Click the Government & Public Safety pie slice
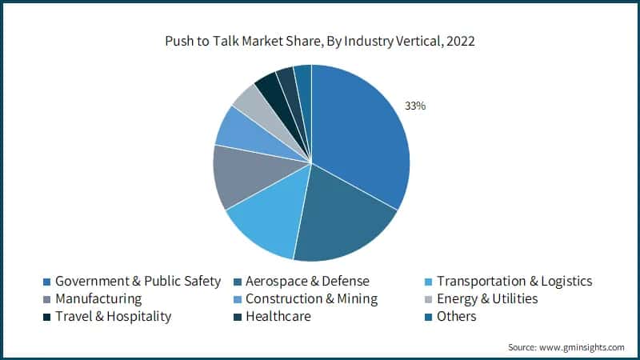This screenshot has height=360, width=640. pos(360,136)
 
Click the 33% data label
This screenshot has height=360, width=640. pos(415,106)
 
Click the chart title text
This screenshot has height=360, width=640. pos(319,41)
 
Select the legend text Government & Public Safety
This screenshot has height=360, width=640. pos(137,281)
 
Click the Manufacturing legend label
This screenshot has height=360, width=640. pos(98,298)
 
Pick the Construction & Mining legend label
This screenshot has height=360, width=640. pos(311,298)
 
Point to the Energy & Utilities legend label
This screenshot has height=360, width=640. pos(487,298)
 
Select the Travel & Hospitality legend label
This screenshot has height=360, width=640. pos(113,316)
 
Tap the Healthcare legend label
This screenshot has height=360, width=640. pos(278,316)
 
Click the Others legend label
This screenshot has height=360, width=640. pos(456,316)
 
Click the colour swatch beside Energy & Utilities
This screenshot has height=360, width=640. pos(430,299)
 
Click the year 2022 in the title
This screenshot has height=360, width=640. pos(459,41)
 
